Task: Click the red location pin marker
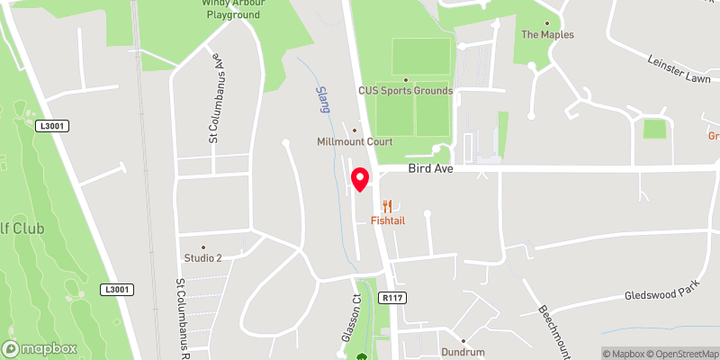pyautogui.click(x=360, y=178)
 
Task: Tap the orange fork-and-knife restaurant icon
pyautogui.click(x=388, y=205)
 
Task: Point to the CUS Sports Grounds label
pyautogui.click(x=405, y=90)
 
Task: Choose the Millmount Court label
pyautogui.click(x=354, y=142)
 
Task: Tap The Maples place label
pyautogui.click(x=547, y=35)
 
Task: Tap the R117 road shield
pyautogui.click(x=391, y=298)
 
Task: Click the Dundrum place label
pyautogui.click(x=463, y=352)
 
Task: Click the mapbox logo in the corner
pyautogui.click(x=40, y=348)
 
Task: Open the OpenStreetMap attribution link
pyautogui.click(x=680, y=354)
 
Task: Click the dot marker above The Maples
pyautogui.click(x=547, y=23)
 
